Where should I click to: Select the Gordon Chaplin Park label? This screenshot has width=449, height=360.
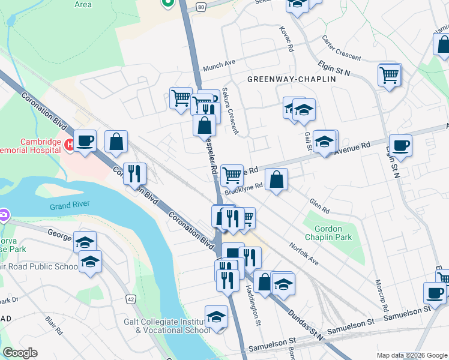click(327, 233)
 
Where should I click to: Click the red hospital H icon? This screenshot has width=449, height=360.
click(69, 144)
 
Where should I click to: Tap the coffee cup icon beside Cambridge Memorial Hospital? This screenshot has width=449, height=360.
click(85, 140)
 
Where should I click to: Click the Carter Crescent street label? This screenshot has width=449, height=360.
click(341, 48)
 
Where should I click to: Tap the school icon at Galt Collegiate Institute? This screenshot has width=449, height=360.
click(216, 316)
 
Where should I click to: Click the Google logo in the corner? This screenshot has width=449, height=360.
click(20, 353)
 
